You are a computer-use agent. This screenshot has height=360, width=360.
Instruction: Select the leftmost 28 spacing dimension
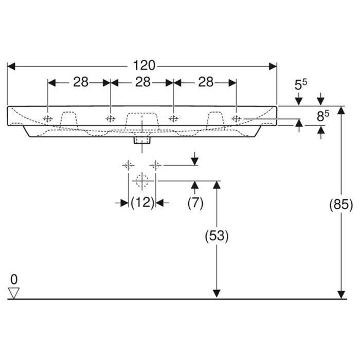click(80, 82)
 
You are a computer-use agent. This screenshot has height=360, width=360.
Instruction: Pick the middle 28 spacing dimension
click(142, 82)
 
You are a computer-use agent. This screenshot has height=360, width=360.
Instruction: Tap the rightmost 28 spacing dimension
click(205, 82)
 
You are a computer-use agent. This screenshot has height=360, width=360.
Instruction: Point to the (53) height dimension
click(217, 236)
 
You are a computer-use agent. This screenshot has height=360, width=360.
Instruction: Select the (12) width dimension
click(142, 203)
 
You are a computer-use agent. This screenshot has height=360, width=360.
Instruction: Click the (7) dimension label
click(195, 203)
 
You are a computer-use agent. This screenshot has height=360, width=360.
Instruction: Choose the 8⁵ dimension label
click(322, 117)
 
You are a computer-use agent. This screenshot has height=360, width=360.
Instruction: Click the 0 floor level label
click(14, 279)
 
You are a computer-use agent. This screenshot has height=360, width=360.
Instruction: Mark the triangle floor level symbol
click(14, 293)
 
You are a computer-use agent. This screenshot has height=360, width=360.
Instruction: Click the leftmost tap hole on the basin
click(48, 119)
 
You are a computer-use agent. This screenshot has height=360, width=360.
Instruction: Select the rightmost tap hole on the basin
click(236, 119)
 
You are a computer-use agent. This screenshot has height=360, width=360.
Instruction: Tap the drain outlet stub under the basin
click(141, 139)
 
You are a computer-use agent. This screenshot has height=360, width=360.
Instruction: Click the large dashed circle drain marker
click(141, 181)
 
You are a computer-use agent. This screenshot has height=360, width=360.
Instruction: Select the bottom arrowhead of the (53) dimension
click(217, 294)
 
